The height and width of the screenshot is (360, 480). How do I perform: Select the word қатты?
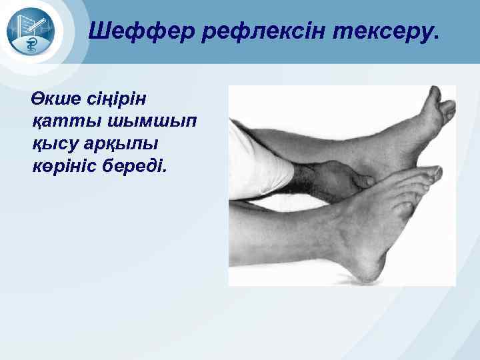[63, 121]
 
